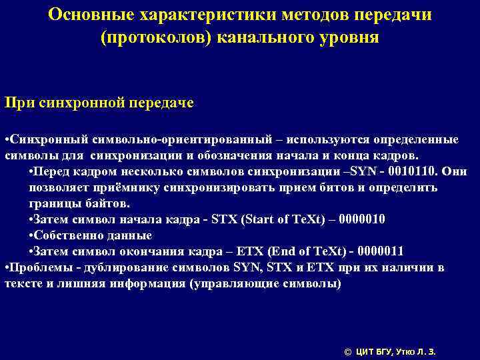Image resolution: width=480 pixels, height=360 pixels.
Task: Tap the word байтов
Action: pos(108,203)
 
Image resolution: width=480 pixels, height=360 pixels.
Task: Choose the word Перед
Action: pos(52,171)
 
